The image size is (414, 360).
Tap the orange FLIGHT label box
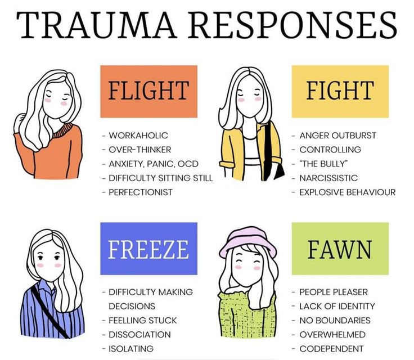pyautogui.click(x=148, y=91)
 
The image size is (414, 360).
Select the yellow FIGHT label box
pyautogui.click(x=340, y=91)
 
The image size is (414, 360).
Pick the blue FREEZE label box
pyautogui.click(x=148, y=248)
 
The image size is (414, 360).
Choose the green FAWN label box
pyautogui.click(x=340, y=248)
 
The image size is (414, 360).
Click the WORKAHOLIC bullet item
pyautogui.click(x=138, y=136)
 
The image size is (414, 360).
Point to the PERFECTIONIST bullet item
pyautogui.click(x=141, y=192)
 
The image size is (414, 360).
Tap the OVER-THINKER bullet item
pyautogui.click(x=139, y=150)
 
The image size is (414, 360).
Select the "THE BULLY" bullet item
pyautogui.click(x=323, y=164)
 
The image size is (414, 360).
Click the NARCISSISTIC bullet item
pyautogui.click(x=328, y=178)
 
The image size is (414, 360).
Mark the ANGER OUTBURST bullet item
pyautogui.click(x=337, y=136)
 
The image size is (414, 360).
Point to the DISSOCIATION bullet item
pyautogui.click(x=139, y=334)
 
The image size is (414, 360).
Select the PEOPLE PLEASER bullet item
pyautogui.click(x=333, y=292)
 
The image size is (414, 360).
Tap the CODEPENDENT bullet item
pyautogui.click(x=331, y=348)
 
